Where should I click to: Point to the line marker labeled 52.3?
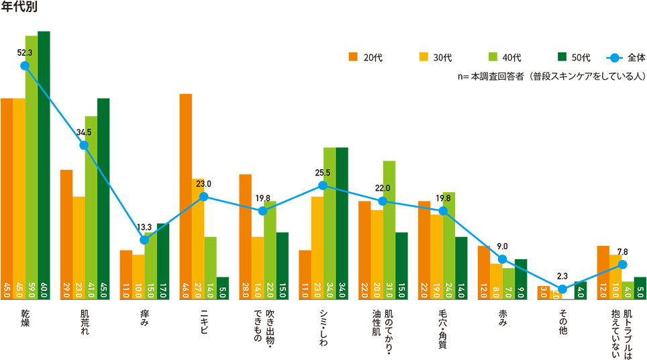click(25, 66)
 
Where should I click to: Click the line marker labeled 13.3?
click(144, 240)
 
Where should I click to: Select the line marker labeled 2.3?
click(562, 289)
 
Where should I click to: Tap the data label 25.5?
click(323, 173)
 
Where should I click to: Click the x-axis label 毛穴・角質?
click(442, 329)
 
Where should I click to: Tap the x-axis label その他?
click(562, 321)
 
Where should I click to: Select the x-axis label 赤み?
click(502, 320)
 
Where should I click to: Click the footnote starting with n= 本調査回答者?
click(550, 76)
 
